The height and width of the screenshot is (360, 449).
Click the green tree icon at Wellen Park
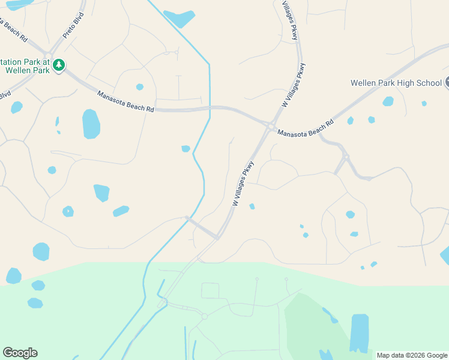[x=58, y=64]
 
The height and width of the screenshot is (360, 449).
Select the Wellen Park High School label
[x=397, y=83]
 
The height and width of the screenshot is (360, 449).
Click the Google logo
[x=20, y=353]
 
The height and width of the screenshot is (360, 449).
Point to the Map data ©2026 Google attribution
[x=412, y=355]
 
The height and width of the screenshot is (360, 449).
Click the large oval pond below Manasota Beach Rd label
[x=91, y=124]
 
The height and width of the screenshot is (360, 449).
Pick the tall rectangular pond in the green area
[x=359, y=333]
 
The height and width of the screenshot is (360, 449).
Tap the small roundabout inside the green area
[x=204, y=316]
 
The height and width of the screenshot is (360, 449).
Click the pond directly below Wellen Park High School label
[x=388, y=101]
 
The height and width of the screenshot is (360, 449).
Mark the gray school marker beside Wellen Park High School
[x=447, y=83]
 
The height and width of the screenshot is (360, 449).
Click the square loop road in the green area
[x=210, y=290]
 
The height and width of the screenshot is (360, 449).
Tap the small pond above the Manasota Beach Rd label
[x=140, y=87]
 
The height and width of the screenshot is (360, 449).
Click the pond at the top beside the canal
[x=179, y=19]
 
